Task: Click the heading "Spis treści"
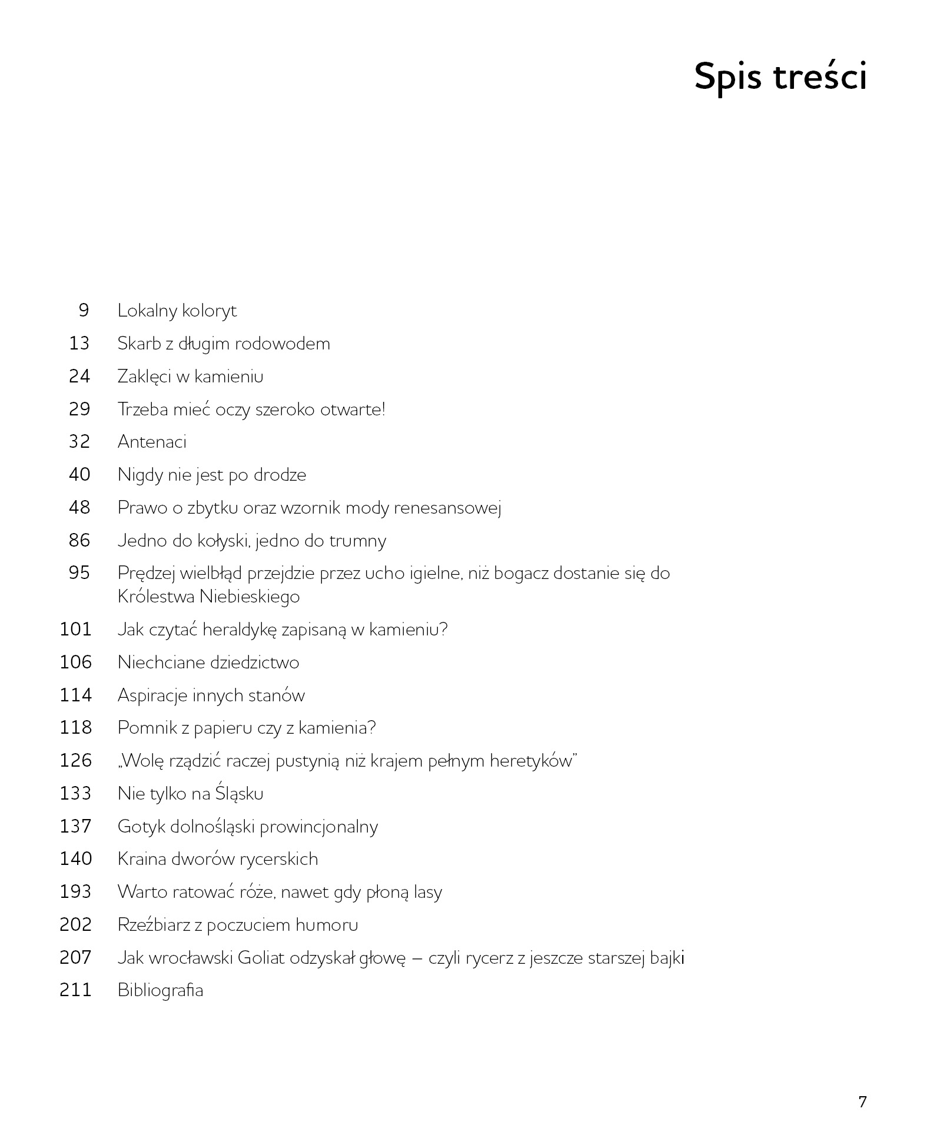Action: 780,76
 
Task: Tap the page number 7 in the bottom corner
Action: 862,1101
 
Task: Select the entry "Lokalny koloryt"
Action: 177,310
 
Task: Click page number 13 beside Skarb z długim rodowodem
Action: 79,343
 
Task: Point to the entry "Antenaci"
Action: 152,442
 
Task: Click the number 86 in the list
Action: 79,540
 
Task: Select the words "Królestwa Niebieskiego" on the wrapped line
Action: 208,597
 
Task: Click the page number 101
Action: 76,630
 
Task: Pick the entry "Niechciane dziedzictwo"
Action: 208,663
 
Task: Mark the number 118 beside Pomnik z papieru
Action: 76,728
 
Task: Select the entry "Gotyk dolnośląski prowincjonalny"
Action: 247,827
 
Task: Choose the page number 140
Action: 76,859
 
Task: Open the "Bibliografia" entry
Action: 160,990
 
